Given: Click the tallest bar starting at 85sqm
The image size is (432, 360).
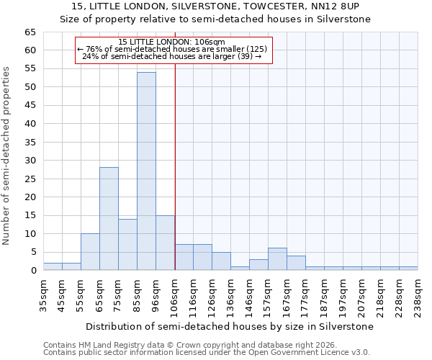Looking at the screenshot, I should tap(146, 171).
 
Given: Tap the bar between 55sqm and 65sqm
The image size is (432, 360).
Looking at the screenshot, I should tap(90, 252).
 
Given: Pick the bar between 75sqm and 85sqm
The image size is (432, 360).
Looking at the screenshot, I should tap(127, 245).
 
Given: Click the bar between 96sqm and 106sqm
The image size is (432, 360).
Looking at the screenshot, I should tap(165, 243).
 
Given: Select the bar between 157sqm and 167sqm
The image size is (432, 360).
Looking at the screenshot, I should tap(277, 259).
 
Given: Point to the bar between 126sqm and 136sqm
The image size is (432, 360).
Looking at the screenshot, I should tap(221, 261).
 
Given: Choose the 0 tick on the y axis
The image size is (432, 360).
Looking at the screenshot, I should tap(32, 271).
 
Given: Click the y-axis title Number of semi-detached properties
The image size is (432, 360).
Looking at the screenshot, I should tap(6, 156).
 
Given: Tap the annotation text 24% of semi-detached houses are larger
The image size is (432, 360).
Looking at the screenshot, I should tap(171, 56).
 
